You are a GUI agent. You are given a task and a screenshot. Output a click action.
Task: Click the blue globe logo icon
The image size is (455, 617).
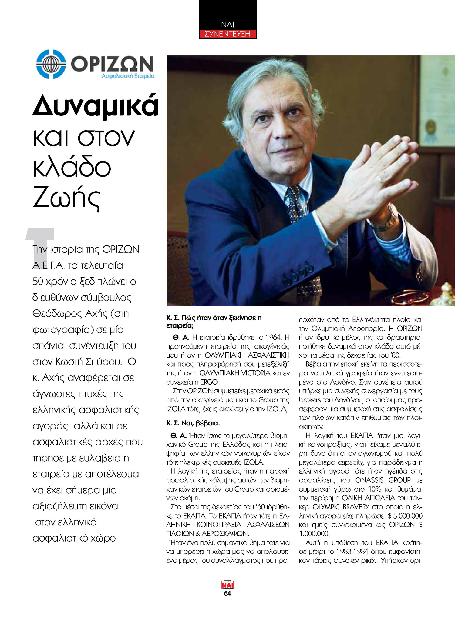pyautogui.click(x=51, y=64)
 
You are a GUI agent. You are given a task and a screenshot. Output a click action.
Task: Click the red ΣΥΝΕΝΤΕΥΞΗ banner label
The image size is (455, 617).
pyautogui.click(x=227, y=34)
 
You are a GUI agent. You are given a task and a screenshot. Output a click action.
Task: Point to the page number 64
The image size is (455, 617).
pyautogui.click(x=227, y=593)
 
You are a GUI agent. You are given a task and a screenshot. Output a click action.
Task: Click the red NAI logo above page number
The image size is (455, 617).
pyautogui.click(x=227, y=585)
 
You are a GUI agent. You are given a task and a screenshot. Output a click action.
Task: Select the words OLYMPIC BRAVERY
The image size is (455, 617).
pyautogui.click(x=341, y=507)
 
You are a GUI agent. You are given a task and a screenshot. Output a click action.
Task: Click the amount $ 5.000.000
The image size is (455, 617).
pyautogui.click(x=405, y=516)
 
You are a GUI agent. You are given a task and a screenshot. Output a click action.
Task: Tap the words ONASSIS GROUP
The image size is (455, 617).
pyautogui.click(x=383, y=480)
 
